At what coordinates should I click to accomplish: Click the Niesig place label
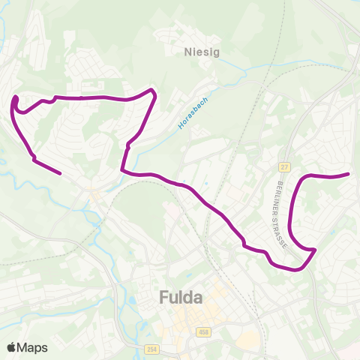[x=198, y=52]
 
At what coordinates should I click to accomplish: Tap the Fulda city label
[x=181, y=298]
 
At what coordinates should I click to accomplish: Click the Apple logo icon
[x=11, y=347]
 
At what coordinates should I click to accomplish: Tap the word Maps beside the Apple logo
[x=32, y=348]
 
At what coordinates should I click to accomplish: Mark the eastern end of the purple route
[x=349, y=174]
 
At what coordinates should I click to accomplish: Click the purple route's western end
[x=60, y=173]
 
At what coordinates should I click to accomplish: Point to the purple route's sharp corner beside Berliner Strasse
[x=315, y=249]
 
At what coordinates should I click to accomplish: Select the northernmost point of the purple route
[x=152, y=90]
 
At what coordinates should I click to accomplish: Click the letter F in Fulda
[x=164, y=298]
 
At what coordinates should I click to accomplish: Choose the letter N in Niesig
[x=187, y=52]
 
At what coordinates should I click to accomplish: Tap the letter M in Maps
[x=23, y=348]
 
